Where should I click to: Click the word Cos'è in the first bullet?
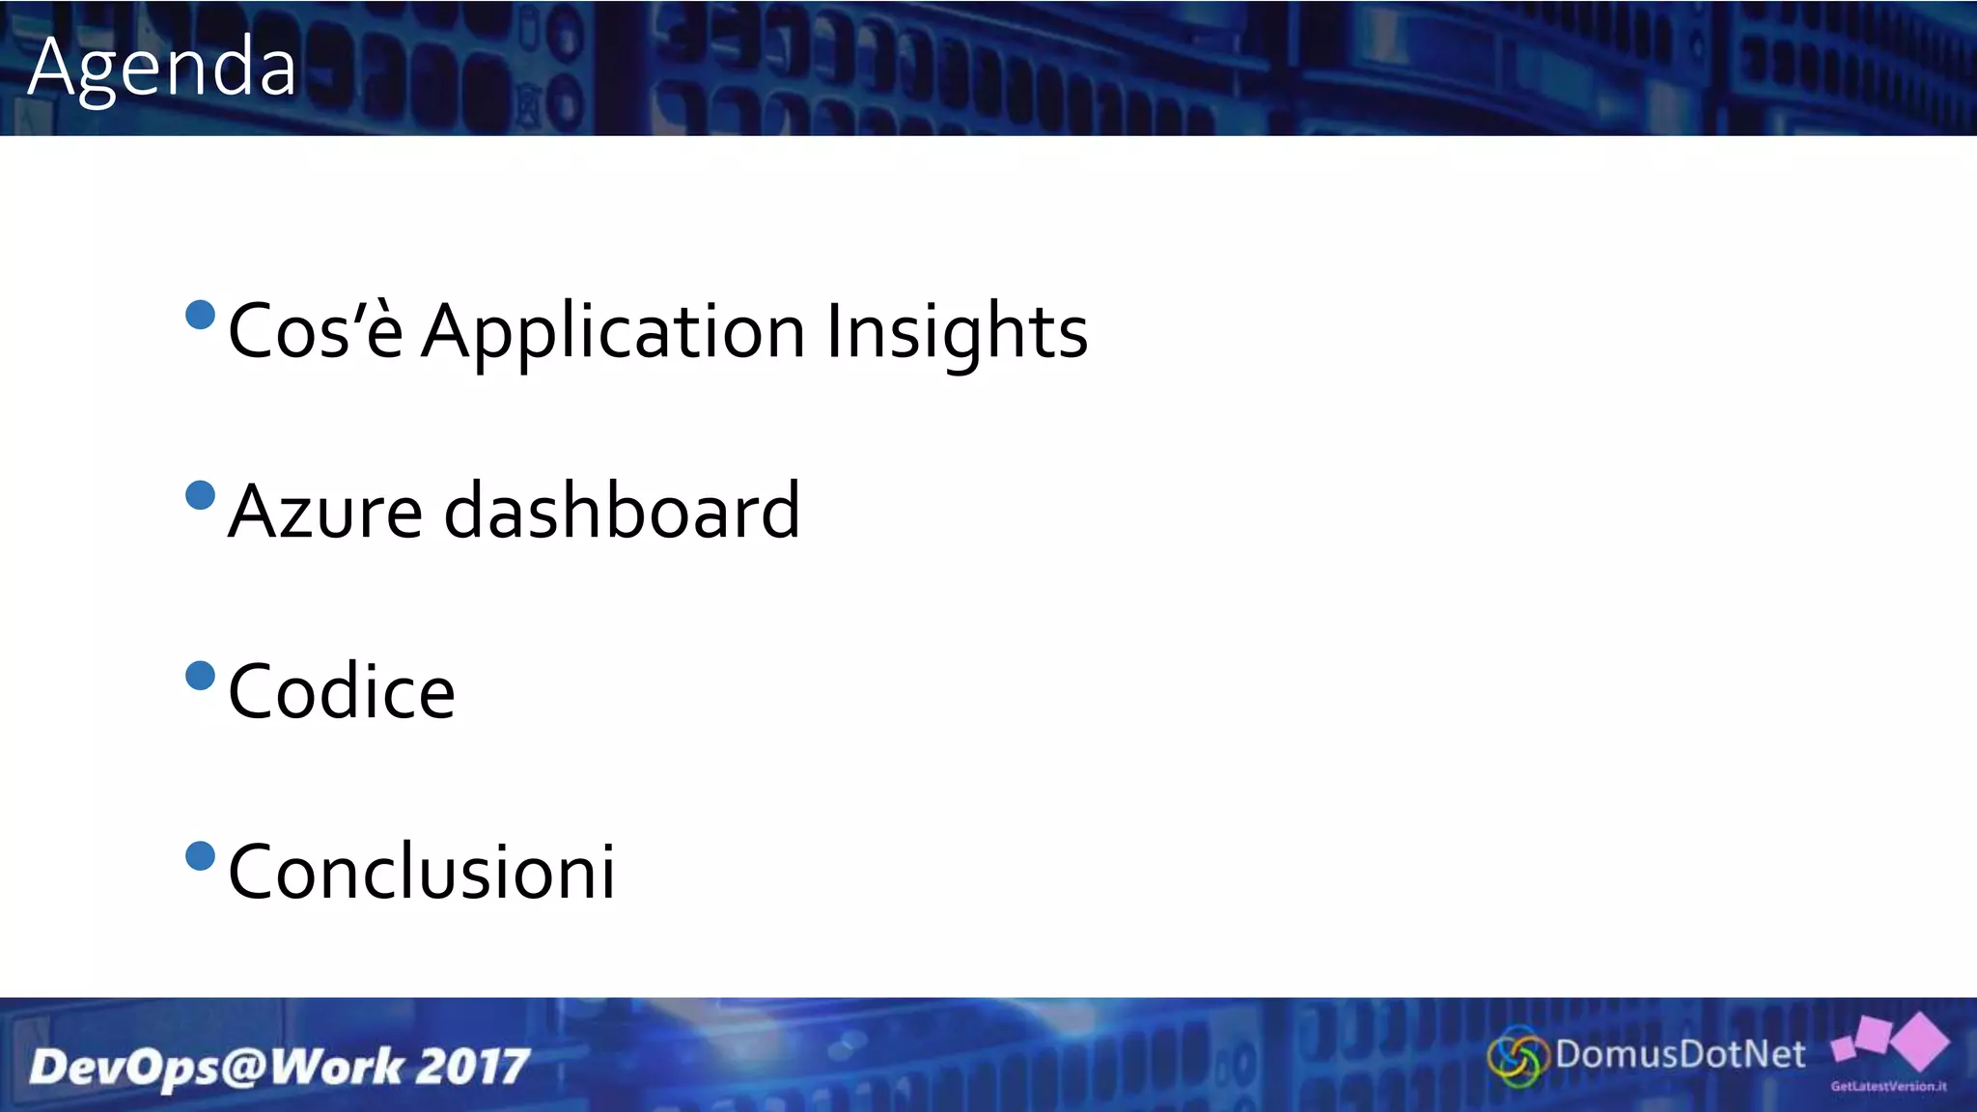(x=316, y=331)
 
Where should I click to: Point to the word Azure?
(x=325, y=512)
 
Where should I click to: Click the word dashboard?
(x=622, y=510)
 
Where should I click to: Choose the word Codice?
(x=342, y=691)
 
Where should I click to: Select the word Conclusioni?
(x=422, y=872)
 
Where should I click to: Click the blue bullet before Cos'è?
(x=200, y=315)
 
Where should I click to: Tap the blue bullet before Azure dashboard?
(x=200, y=495)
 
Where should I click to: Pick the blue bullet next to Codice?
(x=200, y=676)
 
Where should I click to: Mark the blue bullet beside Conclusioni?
(x=200, y=856)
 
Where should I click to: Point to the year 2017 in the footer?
(x=474, y=1067)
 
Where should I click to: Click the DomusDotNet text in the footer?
(x=1680, y=1054)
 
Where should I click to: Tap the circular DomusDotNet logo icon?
(x=1518, y=1057)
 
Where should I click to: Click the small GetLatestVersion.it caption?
(x=1888, y=1087)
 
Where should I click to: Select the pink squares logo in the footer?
(x=1892, y=1041)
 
